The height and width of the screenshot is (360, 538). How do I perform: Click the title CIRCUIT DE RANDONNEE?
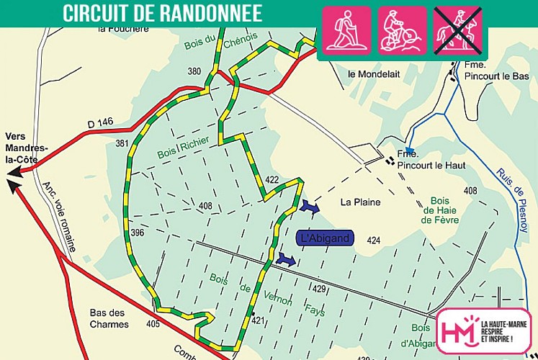coord(162,13)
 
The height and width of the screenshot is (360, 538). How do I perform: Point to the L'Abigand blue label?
coord(325,238)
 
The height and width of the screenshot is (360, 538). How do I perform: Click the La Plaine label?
coord(361,202)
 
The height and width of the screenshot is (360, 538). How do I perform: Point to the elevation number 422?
coord(272,179)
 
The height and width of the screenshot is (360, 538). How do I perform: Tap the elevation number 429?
coord(320,288)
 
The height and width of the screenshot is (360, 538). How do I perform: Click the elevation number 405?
coord(152,325)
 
